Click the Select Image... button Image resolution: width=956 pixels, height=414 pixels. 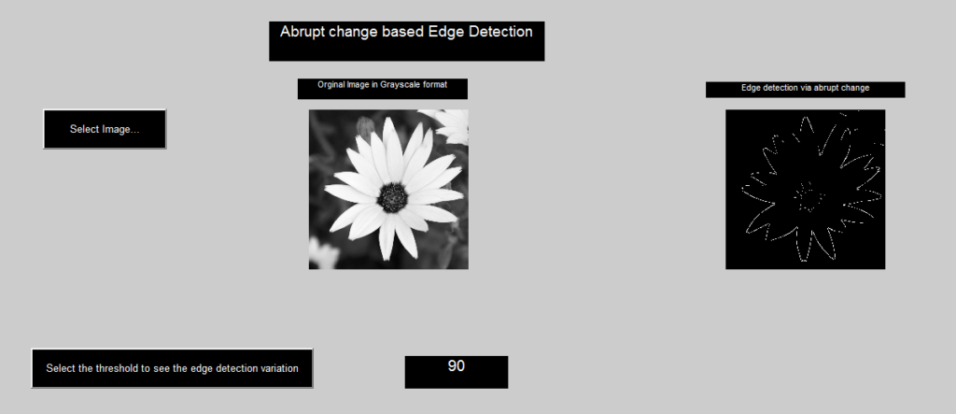pyautogui.click(x=105, y=129)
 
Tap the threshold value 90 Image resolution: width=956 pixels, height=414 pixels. pyautogui.click(x=457, y=366)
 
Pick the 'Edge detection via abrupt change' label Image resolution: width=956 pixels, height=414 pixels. pyautogui.click(x=805, y=89)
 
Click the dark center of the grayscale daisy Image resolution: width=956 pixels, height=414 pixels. pyautogui.click(x=393, y=196)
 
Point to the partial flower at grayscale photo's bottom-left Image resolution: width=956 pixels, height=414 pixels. pyautogui.click(x=322, y=254)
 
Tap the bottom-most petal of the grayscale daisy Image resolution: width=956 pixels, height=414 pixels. pyautogui.click(x=386, y=241)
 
